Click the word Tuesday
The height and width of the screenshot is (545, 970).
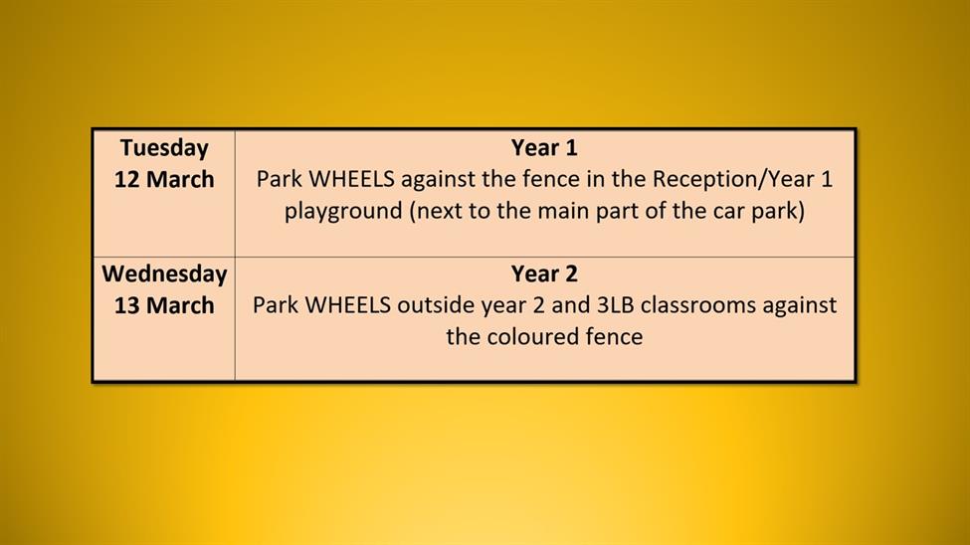tap(164, 148)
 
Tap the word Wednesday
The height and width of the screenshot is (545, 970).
tap(164, 274)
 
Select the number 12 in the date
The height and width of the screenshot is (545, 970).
tap(126, 179)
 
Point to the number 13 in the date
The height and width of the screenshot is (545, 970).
tap(126, 305)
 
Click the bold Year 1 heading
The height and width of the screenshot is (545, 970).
tap(544, 148)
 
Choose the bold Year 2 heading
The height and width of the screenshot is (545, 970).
tap(544, 274)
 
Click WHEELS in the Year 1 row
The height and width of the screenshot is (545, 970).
tap(351, 179)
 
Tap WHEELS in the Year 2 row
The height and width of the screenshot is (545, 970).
tap(347, 305)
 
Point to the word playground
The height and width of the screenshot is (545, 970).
tap(343, 212)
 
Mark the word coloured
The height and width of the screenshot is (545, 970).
tap(524, 337)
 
